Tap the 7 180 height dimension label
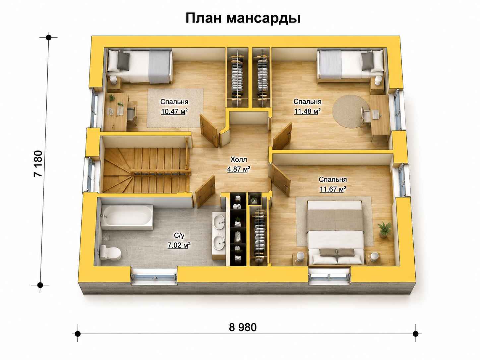click(38, 163)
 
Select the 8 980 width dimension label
click(243, 328)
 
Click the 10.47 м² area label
click(174, 111)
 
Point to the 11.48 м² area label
click(307, 111)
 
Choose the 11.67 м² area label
click(333, 189)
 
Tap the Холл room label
click(239, 159)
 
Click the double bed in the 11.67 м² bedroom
click(335, 233)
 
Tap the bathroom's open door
click(205, 192)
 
